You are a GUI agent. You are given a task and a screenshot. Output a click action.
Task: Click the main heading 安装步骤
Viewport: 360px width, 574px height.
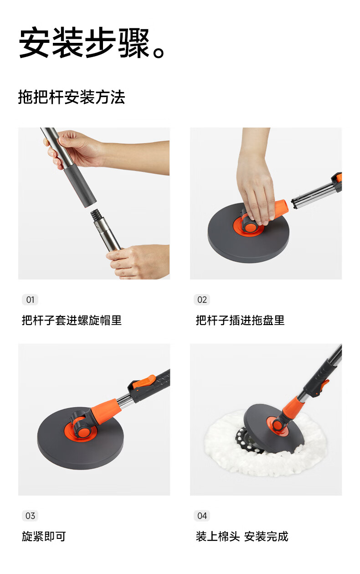[84, 42]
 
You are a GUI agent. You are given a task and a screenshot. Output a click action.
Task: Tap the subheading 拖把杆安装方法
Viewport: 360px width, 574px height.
[72, 97]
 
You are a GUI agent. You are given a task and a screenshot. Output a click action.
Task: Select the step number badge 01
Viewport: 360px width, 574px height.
[30, 300]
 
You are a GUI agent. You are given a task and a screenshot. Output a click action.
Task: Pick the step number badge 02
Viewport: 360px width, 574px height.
[202, 300]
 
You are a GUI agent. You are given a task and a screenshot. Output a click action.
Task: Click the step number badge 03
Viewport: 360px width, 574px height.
[30, 516]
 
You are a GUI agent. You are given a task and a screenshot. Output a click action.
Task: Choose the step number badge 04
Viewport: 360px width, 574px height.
[202, 516]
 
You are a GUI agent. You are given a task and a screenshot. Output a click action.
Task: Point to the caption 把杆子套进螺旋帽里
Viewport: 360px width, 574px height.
[72, 321]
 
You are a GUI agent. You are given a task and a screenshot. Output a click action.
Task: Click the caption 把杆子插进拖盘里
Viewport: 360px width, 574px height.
[240, 321]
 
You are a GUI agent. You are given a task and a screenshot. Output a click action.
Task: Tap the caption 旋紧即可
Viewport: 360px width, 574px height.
[44, 536]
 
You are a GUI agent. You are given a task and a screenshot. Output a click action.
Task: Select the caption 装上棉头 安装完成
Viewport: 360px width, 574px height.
[242, 536]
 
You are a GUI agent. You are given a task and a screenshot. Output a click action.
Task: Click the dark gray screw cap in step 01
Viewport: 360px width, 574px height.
[80, 185]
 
